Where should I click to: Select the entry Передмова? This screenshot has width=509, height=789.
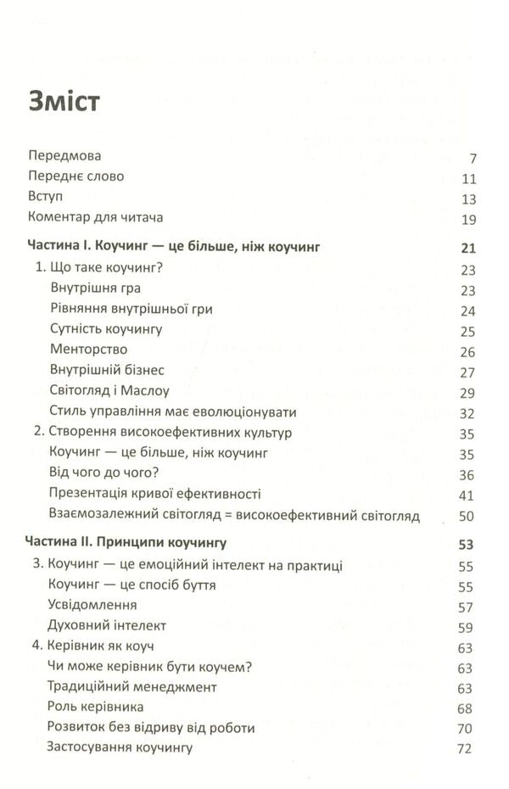coord(64,157)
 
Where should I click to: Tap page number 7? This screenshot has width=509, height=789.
coord(473,159)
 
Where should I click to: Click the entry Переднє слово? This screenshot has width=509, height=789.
coord(76,176)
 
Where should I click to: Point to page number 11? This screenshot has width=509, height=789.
coord(468,180)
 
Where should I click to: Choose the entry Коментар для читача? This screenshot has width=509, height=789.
coord(95,217)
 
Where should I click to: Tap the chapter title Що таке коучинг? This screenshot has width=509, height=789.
coord(97,269)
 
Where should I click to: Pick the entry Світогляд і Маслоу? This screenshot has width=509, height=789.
coord(110,390)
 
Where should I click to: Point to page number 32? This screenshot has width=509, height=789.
coord(467,413)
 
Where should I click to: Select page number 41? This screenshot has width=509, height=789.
coord(467,495)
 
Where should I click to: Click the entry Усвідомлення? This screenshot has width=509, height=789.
coord(93,606)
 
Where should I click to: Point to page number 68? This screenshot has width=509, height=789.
coord(467,708)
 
